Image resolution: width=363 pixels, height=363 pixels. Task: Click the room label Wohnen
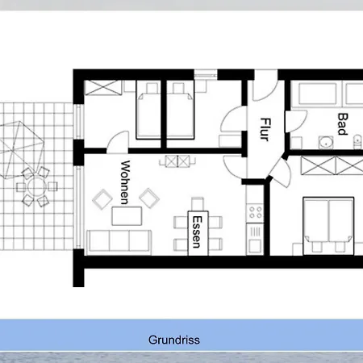click(x=125, y=182)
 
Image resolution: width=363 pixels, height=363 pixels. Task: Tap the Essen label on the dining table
click(x=198, y=232)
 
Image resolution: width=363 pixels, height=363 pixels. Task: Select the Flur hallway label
click(x=265, y=129)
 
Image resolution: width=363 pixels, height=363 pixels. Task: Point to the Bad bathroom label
click(x=343, y=124)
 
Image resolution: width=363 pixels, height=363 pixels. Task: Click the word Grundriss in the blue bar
click(x=174, y=340)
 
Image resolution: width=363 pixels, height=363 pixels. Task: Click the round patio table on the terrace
click(x=37, y=186)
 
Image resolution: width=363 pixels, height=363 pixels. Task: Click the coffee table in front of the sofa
click(x=127, y=216)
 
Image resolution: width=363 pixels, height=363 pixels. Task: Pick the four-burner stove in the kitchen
click(x=255, y=212)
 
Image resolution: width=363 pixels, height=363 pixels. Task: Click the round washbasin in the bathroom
click(x=326, y=142)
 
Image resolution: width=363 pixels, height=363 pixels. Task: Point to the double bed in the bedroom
click(x=328, y=226)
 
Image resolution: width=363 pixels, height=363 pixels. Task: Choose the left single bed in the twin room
click(x=148, y=110)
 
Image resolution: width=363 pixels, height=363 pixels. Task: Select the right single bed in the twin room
click(x=181, y=110)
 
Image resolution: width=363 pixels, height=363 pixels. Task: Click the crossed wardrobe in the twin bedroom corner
click(x=102, y=87)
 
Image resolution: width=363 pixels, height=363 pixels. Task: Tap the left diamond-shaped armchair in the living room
click(x=102, y=199)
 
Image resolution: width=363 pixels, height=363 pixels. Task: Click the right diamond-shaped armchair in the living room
click(x=149, y=198)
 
